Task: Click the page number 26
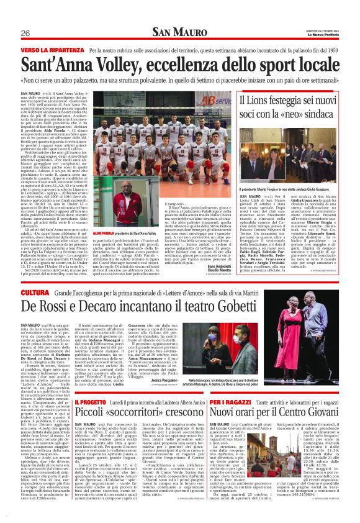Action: click(x=26, y=33)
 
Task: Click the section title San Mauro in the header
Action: click(x=179, y=32)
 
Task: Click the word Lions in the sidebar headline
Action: click(x=263, y=100)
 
